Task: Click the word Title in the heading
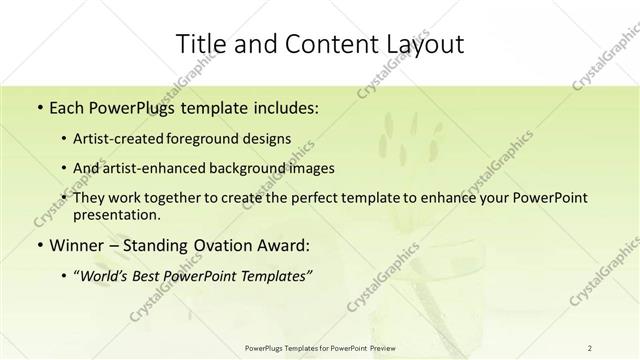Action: pos(200,44)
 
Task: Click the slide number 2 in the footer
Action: pos(589,347)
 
